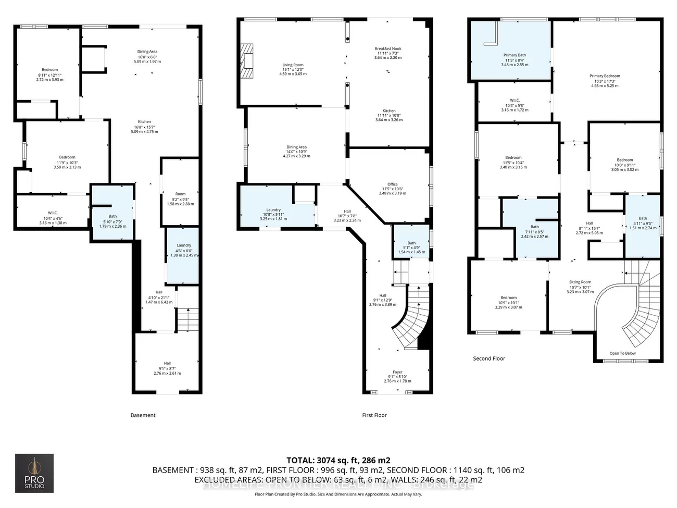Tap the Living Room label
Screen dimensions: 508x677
[293, 66]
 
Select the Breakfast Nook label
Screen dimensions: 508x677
[388, 49]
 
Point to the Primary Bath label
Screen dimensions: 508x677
[514, 55]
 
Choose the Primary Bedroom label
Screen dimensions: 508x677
[605, 76]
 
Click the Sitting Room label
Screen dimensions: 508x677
[580, 282]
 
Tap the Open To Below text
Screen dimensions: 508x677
[622, 353]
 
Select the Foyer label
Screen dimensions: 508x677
[397, 372]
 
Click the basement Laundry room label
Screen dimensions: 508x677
[183, 245]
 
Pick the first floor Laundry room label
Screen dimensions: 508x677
[273, 210]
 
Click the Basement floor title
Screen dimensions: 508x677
[143, 415]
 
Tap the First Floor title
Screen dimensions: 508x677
[374, 415]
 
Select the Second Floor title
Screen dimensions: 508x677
[489, 358]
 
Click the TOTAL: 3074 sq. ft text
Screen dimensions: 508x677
[338, 460]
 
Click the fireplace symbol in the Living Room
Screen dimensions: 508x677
[247, 60]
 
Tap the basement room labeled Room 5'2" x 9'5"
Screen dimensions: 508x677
[180, 194]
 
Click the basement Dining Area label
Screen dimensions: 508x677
[147, 52]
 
